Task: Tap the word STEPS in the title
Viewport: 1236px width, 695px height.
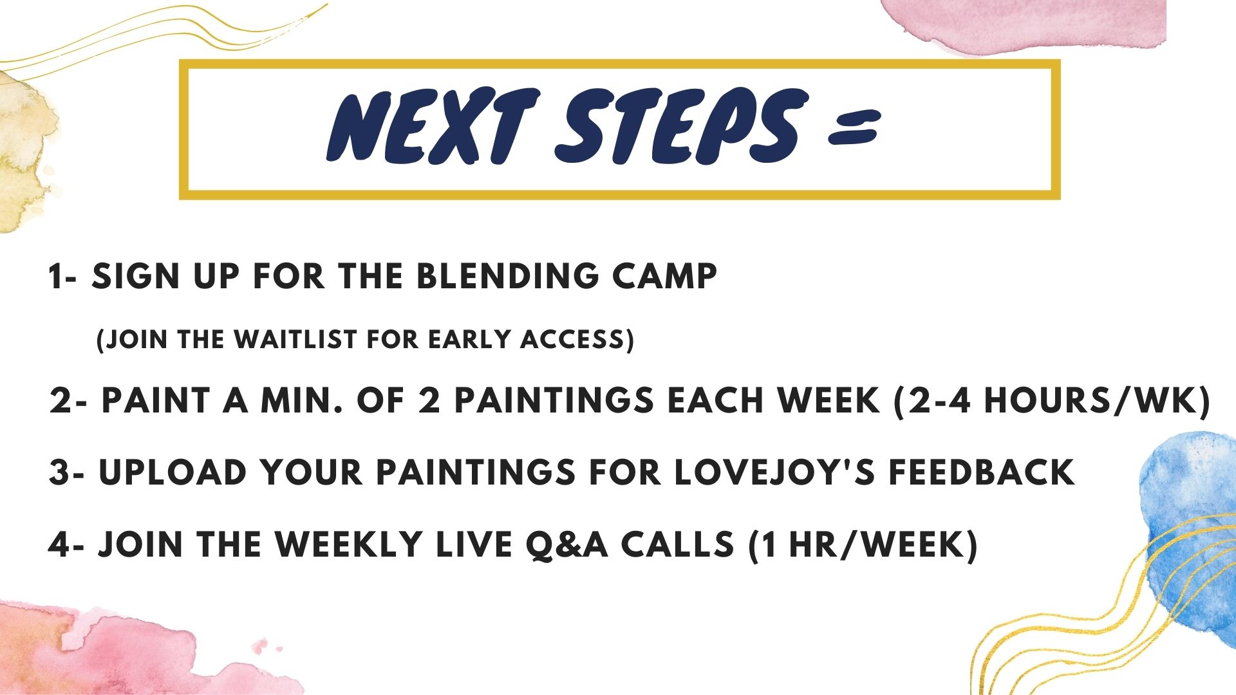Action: (681, 125)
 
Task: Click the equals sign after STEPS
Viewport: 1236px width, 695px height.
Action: (854, 127)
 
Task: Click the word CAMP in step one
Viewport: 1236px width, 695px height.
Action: (664, 277)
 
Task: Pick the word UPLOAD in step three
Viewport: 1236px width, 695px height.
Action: (173, 472)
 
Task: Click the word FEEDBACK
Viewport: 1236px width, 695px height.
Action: (982, 472)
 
